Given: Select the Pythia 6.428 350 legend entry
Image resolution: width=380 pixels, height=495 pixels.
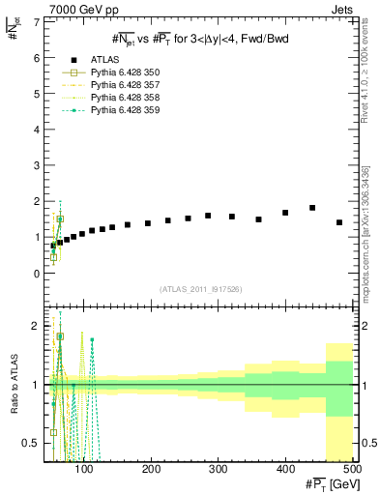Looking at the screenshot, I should tap(126, 73).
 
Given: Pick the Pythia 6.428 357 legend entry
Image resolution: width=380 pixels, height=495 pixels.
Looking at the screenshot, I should tap(126, 86).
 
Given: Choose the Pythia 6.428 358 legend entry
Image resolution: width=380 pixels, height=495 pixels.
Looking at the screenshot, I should tap(126, 99).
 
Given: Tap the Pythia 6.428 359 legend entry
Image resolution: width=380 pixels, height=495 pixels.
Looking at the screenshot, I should tap(126, 111).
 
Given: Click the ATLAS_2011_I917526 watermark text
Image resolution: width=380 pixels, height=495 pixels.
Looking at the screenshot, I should tap(201, 289).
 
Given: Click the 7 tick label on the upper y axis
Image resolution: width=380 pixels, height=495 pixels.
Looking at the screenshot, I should tap(38, 22).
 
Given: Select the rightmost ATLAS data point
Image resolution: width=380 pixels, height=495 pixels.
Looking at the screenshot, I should tap(339, 222).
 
